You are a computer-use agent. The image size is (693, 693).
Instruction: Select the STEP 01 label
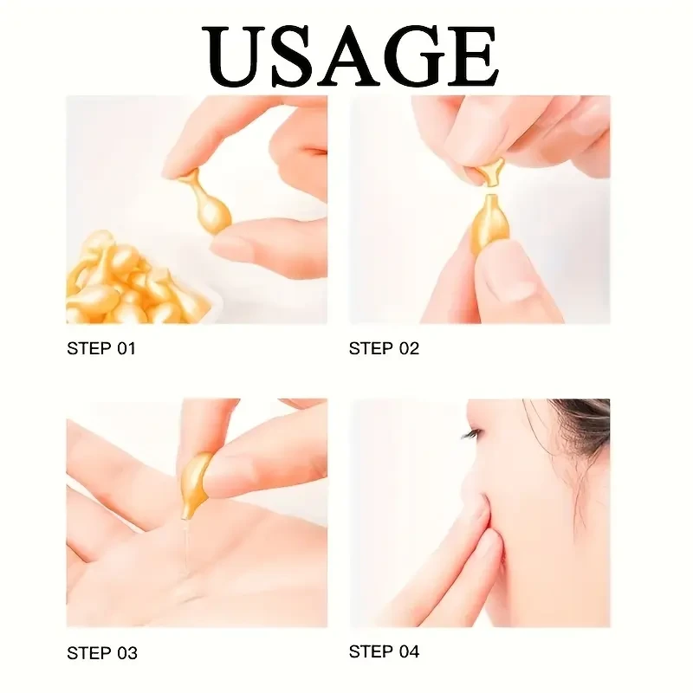coord(101,349)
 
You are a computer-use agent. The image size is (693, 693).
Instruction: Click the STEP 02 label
coord(384,349)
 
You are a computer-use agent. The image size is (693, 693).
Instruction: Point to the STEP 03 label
coord(101,653)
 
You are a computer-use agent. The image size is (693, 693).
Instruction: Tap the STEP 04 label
coord(384,651)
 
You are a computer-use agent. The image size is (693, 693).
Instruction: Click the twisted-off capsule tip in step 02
coord(490,170)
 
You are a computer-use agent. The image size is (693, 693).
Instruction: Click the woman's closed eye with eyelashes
coord(474,433)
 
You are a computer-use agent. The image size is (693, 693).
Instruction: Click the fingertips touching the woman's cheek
coord(481,520)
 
